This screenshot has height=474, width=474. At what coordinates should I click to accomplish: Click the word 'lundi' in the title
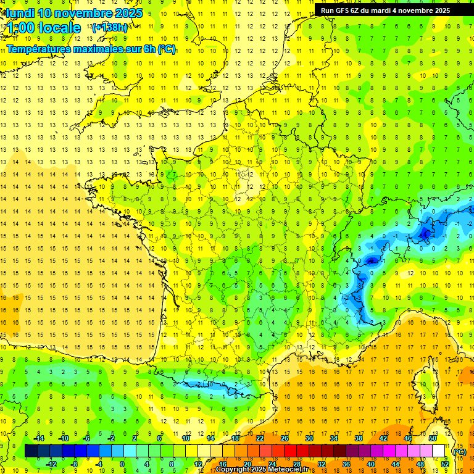coord(20,12)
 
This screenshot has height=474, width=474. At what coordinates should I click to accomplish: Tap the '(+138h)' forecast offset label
coord(109,27)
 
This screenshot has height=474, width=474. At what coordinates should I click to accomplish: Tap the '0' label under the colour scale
coord(122,464)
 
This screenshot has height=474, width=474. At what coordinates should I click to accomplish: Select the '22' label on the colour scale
coord(260,438)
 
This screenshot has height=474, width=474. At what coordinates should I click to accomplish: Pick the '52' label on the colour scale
coord(445,464)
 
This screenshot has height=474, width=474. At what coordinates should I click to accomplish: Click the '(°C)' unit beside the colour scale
coord(459,451)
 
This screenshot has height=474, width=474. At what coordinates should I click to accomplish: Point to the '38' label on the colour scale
coord(359,438)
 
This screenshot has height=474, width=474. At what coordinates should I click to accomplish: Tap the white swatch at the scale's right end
coord(439,451)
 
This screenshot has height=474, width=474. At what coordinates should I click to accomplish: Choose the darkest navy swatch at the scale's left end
coord(31,451)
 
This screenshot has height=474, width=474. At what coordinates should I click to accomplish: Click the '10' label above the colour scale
coord(186,438)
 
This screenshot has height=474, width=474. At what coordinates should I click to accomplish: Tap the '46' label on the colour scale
coord(408,438)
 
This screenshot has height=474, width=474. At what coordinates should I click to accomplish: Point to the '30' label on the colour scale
coord(309,438)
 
